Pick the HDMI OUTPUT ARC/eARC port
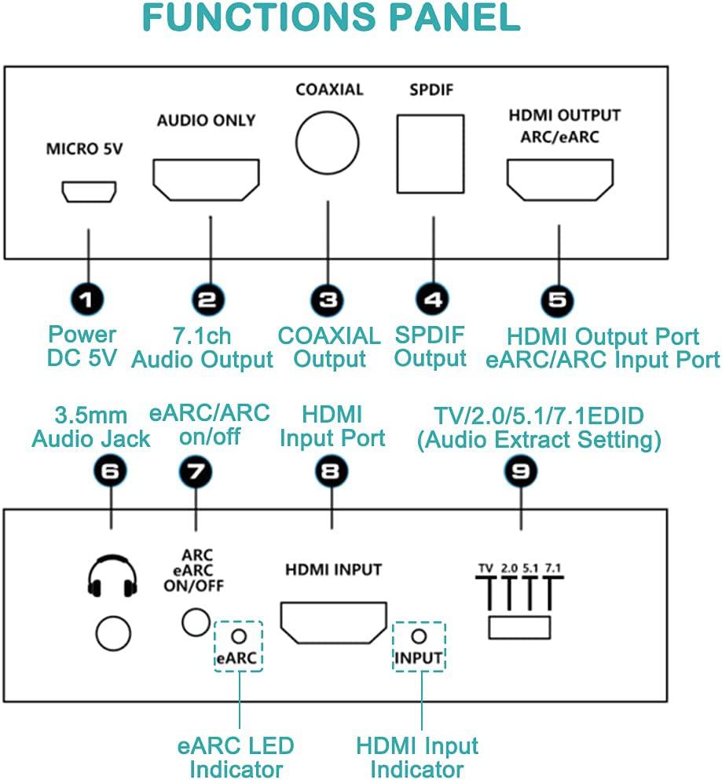(559, 179)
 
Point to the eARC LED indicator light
(238, 635)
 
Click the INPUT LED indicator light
(419, 636)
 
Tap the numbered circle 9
(520, 471)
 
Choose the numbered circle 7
(196, 471)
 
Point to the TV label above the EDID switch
(486, 568)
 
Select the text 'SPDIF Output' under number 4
(431, 346)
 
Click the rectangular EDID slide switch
(519, 628)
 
